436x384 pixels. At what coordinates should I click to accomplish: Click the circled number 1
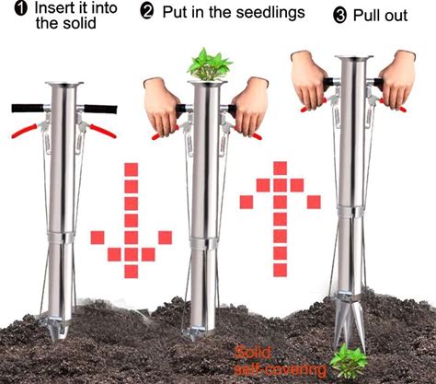click(x=20, y=8)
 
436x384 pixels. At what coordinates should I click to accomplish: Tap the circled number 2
click(x=147, y=12)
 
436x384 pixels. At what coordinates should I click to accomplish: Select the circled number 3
click(x=339, y=16)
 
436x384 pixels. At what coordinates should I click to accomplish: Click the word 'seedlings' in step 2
click(x=270, y=14)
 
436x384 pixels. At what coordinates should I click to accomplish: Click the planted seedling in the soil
click(x=349, y=362)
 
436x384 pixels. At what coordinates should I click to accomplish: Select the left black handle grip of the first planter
click(x=28, y=108)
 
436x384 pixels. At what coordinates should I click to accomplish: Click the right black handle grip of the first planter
click(x=100, y=110)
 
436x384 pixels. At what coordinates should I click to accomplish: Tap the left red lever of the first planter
click(x=25, y=131)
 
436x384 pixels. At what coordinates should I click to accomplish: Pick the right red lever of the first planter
click(x=103, y=131)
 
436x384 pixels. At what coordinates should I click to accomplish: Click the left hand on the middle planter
click(x=161, y=106)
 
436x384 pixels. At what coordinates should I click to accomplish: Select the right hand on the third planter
click(x=397, y=79)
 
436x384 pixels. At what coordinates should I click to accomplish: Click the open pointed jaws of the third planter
click(x=350, y=324)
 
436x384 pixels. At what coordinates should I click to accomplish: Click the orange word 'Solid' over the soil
click(x=253, y=353)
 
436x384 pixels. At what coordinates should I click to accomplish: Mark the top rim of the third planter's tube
click(x=354, y=58)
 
